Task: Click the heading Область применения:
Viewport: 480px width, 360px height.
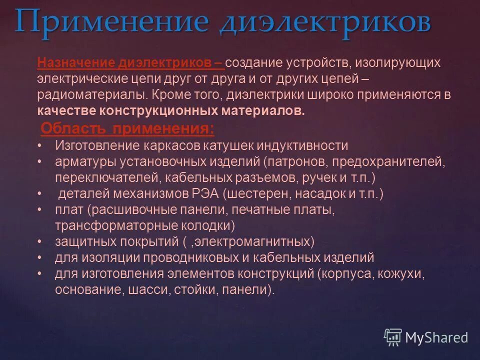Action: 127,129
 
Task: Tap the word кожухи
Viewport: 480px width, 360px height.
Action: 404,274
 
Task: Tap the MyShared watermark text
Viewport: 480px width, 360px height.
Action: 436,338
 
